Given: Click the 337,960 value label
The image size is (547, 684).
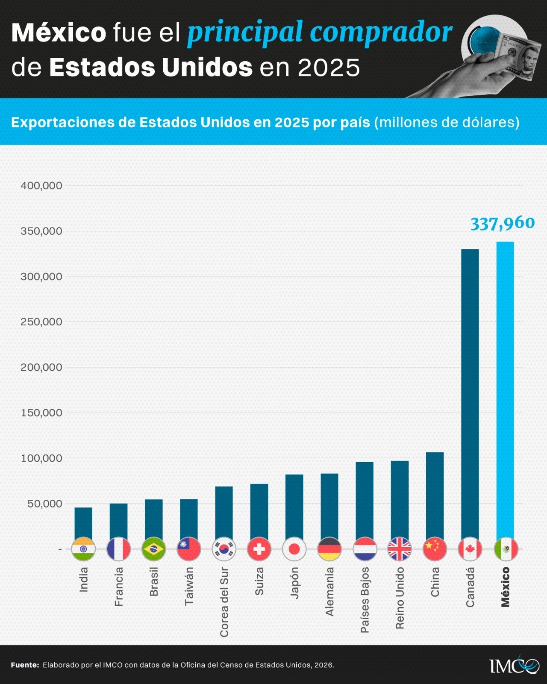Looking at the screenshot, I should [503, 223].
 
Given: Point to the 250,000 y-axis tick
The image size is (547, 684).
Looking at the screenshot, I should [41, 322].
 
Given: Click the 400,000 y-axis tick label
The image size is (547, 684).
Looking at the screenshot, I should [41, 186].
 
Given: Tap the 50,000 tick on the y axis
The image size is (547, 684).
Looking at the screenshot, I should [45, 504].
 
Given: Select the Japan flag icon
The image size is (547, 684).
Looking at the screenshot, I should [294, 549].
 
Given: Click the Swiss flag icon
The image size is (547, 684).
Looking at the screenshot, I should [259, 549].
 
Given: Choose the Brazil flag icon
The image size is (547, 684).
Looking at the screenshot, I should [153, 549].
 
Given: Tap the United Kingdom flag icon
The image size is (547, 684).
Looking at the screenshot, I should [400, 549].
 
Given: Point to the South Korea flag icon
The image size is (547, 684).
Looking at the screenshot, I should [224, 549].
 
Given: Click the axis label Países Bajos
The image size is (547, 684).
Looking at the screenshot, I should [365, 600].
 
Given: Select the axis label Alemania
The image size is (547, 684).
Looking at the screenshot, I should [329, 591].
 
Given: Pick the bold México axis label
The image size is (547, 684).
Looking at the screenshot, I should [505, 587].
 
